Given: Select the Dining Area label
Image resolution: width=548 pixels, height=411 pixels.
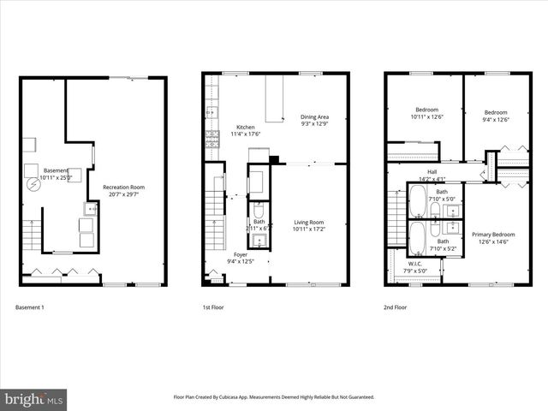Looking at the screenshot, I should click(x=314, y=116).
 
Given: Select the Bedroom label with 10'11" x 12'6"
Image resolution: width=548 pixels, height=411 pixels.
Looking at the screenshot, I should click(x=426, y=111).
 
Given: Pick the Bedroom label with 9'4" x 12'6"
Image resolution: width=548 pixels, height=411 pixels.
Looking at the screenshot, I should click(x=495, y=112).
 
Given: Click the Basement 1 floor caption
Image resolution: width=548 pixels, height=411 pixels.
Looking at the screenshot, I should click(x=30, y=307).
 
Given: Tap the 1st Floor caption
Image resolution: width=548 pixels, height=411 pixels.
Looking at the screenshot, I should click(x=212, y=307).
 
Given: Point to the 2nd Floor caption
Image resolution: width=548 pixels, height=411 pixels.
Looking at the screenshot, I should click(x=395, y=307).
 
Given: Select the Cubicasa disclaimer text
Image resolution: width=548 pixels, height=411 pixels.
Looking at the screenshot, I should click(x=273, y=397).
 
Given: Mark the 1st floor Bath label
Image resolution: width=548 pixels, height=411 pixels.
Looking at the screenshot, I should click(x=258, y=224).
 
